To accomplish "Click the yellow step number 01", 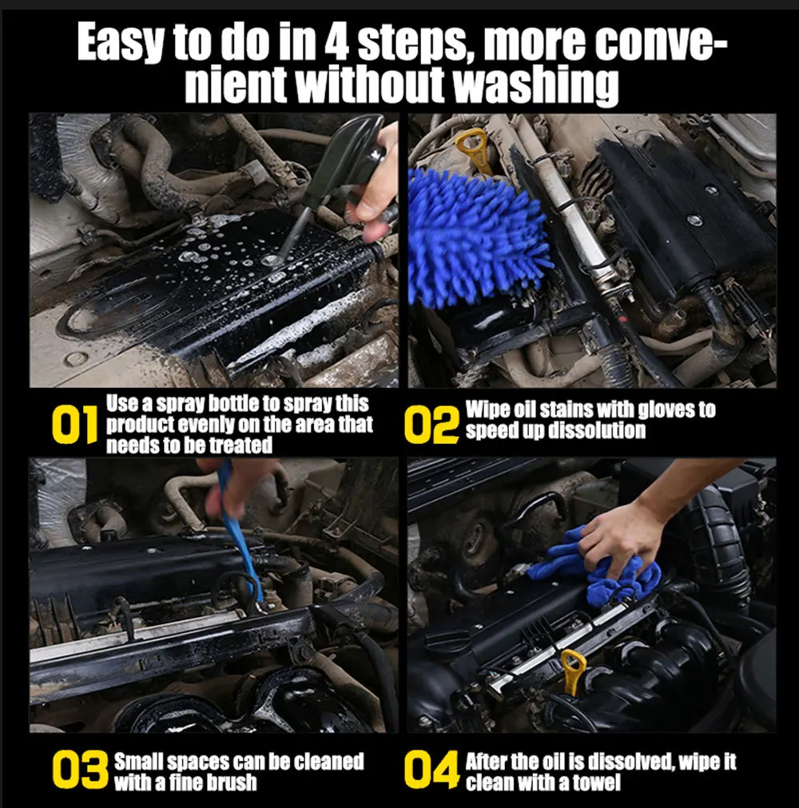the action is point(75,425).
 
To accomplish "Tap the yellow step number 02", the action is point(431,425).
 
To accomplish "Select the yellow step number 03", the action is point(80,770).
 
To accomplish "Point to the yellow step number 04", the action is point(431,770).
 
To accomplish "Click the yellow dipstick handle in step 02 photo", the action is point(475,149).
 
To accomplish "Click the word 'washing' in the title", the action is point(535,85).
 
